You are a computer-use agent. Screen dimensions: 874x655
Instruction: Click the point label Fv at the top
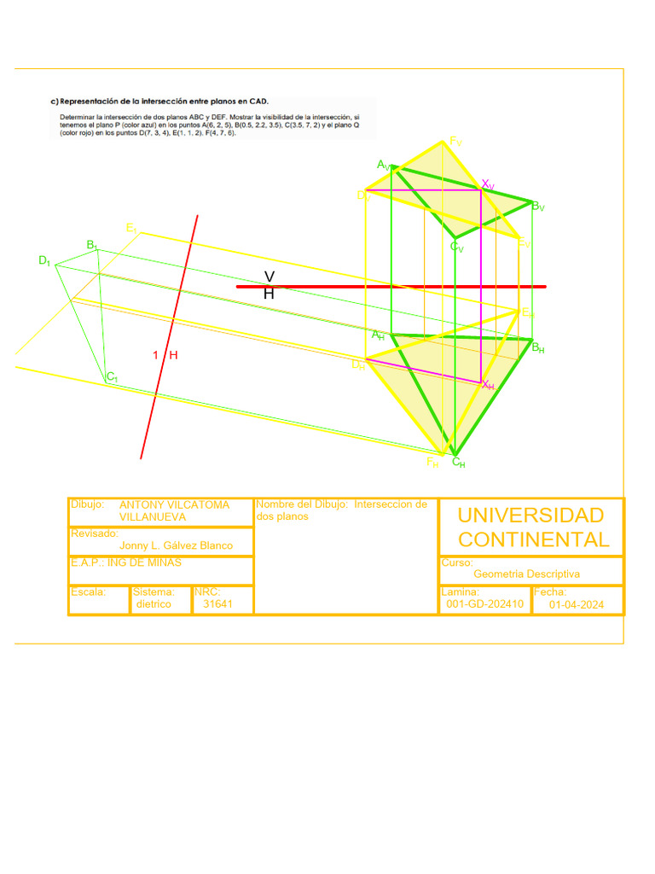(x=455, y=143)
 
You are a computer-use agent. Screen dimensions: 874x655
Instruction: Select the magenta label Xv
(x=488, y=184)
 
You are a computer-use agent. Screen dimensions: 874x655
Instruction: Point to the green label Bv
(x=538, y=207)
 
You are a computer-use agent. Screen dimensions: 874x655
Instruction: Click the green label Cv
(x=457, y=248)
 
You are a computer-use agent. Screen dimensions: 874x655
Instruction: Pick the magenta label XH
(x=488, y=386)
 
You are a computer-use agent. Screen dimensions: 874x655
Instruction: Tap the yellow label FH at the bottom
(x=433, y=463)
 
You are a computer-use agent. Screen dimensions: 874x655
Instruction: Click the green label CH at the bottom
(x=458, y=463)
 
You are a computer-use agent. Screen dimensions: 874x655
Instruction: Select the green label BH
(x=538, y=348)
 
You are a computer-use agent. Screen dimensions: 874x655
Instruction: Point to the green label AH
(x=378, y=335)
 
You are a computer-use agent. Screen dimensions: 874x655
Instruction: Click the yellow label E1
(x=131, y=228)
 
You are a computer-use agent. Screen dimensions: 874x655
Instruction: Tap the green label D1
(x=44, y=260)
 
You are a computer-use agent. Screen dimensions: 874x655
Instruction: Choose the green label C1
(x=112, y=376)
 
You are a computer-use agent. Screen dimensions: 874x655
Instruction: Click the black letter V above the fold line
(x=269, y=277)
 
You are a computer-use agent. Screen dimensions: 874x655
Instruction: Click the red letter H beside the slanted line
(x=173, y=355)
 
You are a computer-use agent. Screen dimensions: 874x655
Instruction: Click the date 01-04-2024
(x=577, y=604)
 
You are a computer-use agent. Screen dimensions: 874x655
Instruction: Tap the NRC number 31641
(x=217, y=603)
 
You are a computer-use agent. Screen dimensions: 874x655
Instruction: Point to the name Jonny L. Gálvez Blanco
(x=176, y=545)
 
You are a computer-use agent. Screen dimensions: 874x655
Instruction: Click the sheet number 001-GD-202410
(x=485, y=604)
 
